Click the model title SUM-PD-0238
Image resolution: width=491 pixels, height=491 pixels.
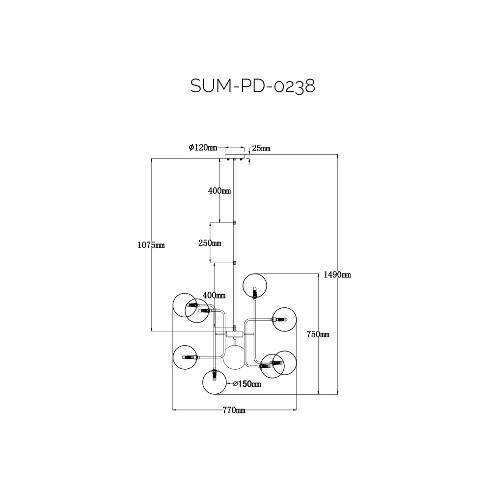(x=252, y=86)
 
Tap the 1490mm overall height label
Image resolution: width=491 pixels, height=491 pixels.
(x=337, y=275)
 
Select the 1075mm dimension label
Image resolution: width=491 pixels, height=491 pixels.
(x=151, y=245)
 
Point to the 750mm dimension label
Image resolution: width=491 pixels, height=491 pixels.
(x=318, y=334)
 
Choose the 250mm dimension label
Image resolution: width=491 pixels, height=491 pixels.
(x=210, y=243)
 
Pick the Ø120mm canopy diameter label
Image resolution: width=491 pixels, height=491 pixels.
(x=203, y=147)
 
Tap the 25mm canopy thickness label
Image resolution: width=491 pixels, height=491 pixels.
(x=261, y=148)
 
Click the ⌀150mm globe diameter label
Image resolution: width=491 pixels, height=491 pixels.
(x=246, y=384)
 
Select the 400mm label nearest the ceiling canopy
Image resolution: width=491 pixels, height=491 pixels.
(x=219, y=191)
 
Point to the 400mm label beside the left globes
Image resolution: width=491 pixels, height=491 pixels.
(x=214, y=295)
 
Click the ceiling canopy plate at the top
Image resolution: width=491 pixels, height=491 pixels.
(x=235, y=157)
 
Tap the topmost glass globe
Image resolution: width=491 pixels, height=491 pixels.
(x=254, y=286)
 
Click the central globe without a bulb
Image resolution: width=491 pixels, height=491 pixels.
(x=235, y=356)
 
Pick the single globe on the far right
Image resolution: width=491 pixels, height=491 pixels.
(x=284, y=319)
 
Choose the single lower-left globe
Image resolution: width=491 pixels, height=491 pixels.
(x=185, y=357)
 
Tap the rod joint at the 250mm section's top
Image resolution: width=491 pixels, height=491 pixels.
(x=235, y=222)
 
